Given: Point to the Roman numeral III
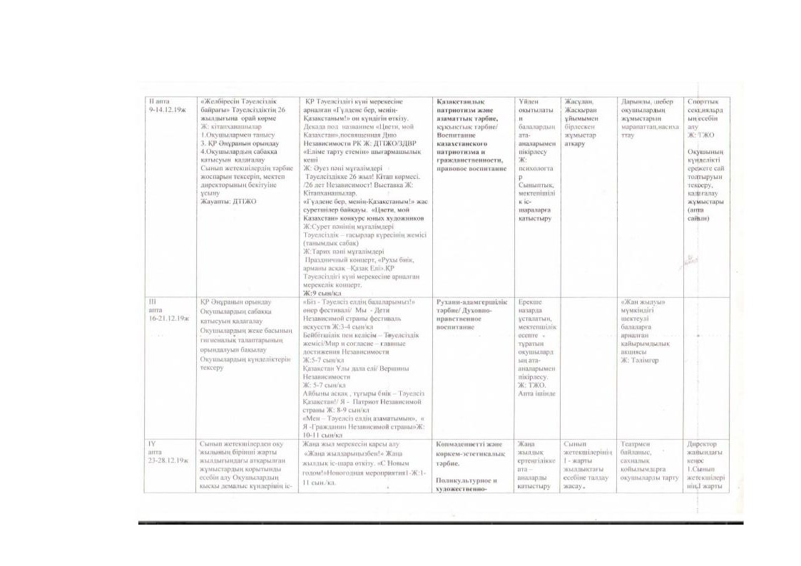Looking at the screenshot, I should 151,302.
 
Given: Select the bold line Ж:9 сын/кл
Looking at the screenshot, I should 322,293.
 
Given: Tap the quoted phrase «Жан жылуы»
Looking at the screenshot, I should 643,302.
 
